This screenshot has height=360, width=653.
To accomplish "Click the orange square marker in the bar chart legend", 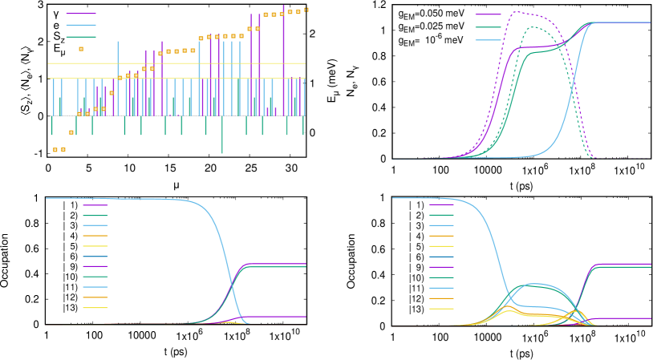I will pyautogui.click(x=81, y=49).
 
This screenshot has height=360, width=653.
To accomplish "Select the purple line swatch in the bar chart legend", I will pyautogui.click(x=80, y=14).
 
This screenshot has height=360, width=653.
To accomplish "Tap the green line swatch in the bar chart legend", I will pyautogui.click(x=80, y=37).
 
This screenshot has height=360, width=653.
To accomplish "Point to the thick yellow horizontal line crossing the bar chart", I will pyautogui.click(x=176, y=63).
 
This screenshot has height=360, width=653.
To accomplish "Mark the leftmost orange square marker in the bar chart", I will pyautogui.click(x=55, y=150).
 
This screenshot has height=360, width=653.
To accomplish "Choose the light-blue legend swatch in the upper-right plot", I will pyautogui.click(x=488, y=39).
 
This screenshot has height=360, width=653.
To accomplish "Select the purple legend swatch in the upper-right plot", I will pyautogui.click(x=488, y=14).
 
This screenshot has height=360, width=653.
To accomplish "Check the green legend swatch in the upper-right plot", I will pyautogui.click(x=488, y=27).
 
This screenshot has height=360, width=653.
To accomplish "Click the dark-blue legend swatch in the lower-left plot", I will pyautogui.click(x=95, y=257).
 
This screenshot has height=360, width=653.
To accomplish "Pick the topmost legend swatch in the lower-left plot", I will pyautogui.click(x=95, y=205).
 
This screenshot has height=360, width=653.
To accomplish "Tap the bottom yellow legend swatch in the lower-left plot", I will pyautogui.click(x=95, y=308).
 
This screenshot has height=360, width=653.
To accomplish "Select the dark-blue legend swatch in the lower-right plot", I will pyautogui.click(x=441, y=257).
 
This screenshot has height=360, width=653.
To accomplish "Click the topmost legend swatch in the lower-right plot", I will pyautogui.click(x=441, y=205).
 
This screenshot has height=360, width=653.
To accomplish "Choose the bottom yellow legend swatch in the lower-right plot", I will pyautogui.click(x=441, y=308).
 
